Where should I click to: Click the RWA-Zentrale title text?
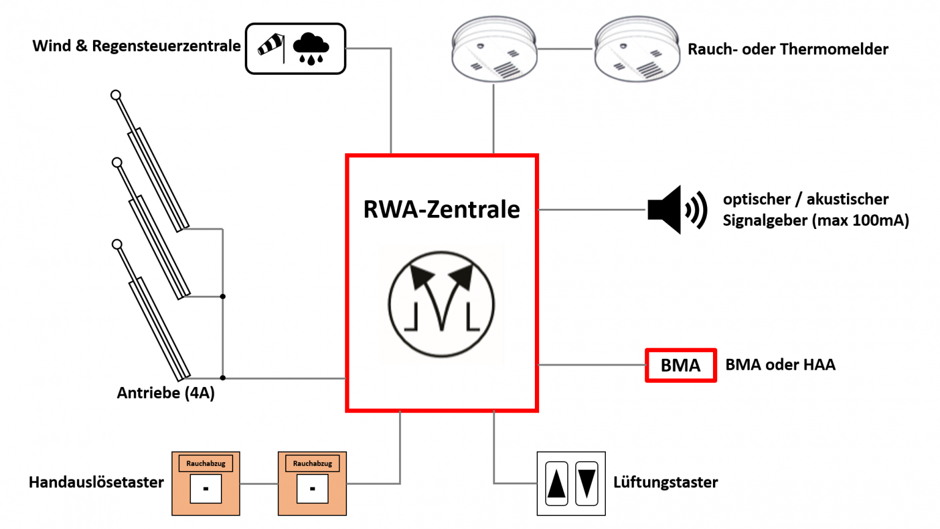click(441, 209)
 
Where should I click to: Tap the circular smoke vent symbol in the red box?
click(441, 304)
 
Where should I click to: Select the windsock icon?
click(271, 46)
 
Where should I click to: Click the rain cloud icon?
click(311, 48)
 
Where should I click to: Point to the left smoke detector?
click(494, 49)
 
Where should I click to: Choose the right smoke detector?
click(636, 49)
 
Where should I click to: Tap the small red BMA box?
click(681, 366)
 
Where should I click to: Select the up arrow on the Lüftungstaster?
click(556, 484)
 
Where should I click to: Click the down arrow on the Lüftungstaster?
click(586, 484)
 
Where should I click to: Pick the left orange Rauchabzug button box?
click(206, 484)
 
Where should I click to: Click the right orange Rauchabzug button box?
click(312, 484)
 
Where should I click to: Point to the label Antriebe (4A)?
click(166, 393)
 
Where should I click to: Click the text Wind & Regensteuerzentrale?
click(136, 46)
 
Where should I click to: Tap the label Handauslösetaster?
click(96, 482)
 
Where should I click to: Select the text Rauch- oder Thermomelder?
click(788, 49)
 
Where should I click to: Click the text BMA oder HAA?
click(780, 365)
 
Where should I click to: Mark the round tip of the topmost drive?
click(116, 95)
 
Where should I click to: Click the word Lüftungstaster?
click(665, 482)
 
